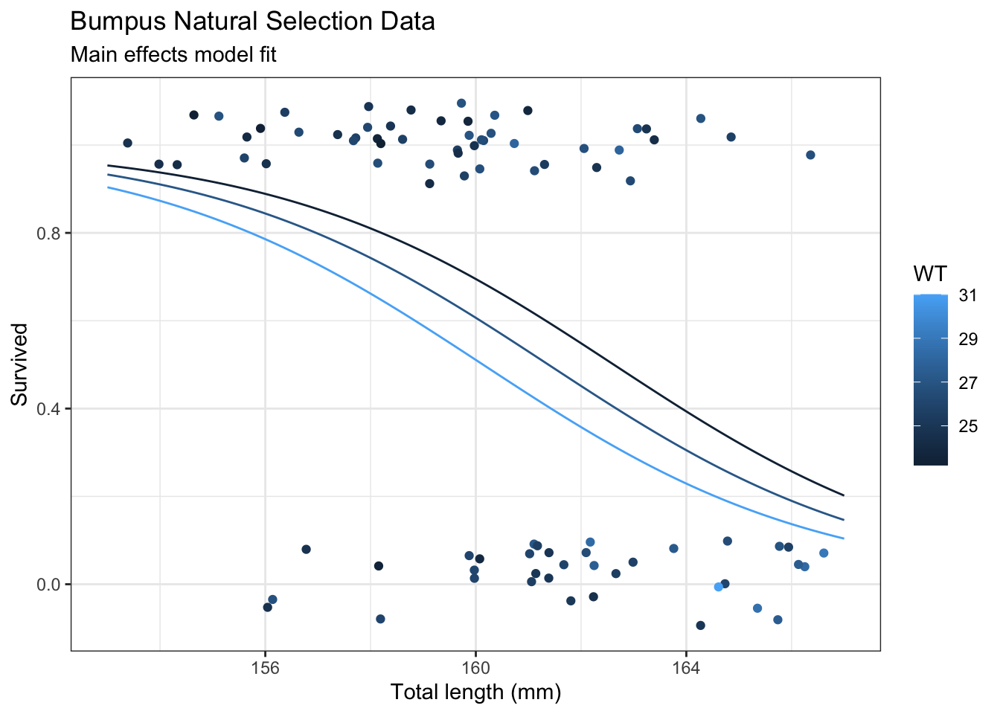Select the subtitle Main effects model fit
(x=173, y=55)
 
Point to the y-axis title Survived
(x=20, y=364)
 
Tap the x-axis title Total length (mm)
(x=475, y=692)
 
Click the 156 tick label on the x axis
(x=266, y=667)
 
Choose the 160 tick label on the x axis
(x=475, y=667)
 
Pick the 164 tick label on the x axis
(x=686, y=667)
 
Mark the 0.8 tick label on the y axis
(x=50, y=234)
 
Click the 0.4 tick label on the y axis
(x=50, y=409)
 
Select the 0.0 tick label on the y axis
(x=50, y=585)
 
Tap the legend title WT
(x=930, y=274)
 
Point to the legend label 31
(x=967, y=296)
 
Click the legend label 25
(x=967, y=426)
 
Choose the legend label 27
(x=967, y=383)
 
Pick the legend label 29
(x=967, y=339)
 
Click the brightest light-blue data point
(x=718, y=587)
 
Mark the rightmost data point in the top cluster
(x=810, y=155)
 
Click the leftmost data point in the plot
(x=127, y=143)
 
